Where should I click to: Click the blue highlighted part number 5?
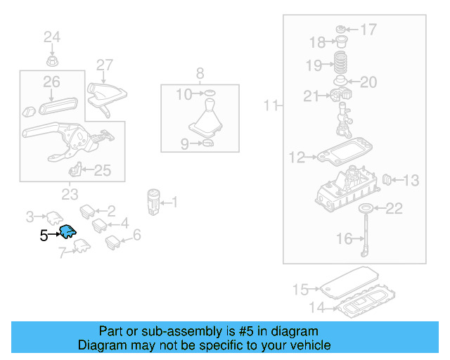tap(68, 232)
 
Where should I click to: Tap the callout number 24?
tap(53, 37)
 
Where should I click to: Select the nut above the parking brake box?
tap(52, 57)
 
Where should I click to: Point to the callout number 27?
tap(104, 65)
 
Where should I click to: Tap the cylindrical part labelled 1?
tap(153, 201)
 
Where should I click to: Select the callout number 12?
tap(297, 157)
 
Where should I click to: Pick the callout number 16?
tap(344, 239)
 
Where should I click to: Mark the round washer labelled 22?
tap(364, 208)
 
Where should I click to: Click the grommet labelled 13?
tap(385, 181)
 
